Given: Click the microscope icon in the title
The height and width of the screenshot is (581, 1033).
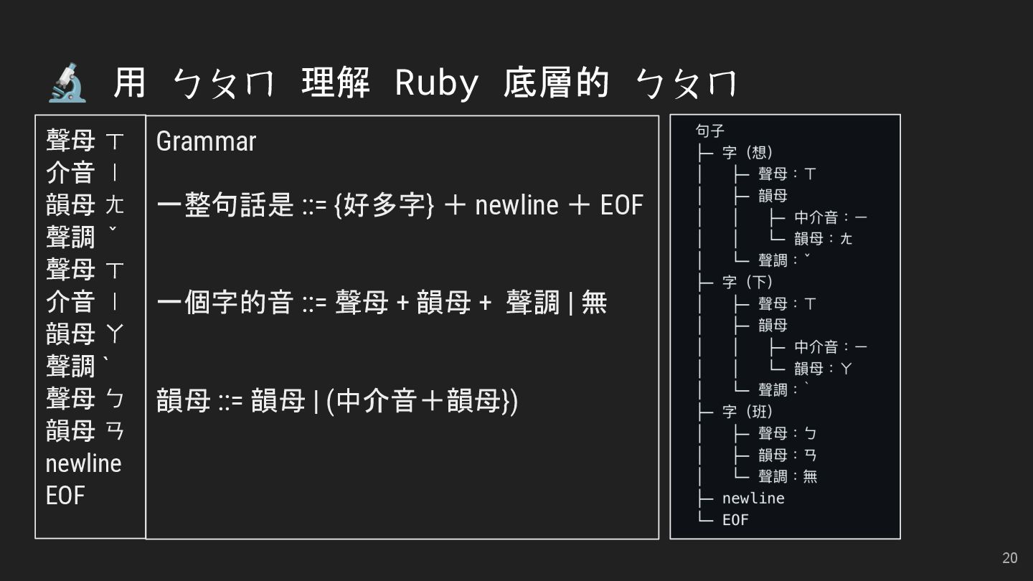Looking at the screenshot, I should point(67,82).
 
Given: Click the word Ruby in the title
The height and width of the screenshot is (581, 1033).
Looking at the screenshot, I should point(437,83).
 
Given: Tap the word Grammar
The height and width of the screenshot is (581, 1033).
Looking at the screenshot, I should point(206,141).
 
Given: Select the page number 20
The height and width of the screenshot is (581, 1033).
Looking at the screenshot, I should point(1009,558).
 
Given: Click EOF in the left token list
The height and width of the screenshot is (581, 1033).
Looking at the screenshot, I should point(65,496).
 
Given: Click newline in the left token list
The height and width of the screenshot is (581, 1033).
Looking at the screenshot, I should point(83,463).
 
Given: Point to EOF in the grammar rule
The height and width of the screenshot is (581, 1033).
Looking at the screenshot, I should point(621,205).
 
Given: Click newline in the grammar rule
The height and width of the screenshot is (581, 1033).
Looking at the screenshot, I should point(516,205).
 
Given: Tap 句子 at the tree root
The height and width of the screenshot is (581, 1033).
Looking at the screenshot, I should point(710,131).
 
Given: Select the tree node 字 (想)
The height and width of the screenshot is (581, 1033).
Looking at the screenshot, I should point(747,153).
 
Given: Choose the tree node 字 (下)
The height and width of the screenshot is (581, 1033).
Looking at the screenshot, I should point(747,282).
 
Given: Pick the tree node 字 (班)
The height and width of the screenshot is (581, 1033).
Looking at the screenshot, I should point(747,412).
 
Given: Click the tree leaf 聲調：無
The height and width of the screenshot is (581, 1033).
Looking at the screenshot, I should point(788,476).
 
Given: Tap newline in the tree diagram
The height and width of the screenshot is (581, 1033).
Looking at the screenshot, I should point(753,498).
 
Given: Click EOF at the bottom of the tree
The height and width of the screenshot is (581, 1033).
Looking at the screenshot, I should point(735,519).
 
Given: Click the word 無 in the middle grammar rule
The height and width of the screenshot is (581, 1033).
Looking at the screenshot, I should point(594,303).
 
